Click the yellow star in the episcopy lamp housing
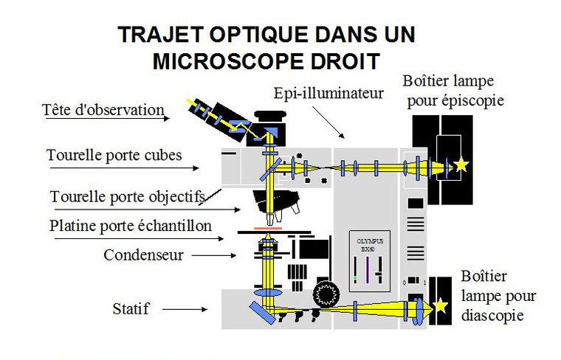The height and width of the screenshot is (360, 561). [461, 165]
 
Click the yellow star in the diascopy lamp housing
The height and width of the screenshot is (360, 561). [441, 304]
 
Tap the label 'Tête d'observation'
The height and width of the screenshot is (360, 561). [103, 110]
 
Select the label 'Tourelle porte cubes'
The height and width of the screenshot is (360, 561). [114, 155]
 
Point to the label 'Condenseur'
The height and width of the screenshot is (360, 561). [143, 255]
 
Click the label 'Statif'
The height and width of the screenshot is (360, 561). [131, 308]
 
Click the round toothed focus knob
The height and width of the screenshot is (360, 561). [325, 293]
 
